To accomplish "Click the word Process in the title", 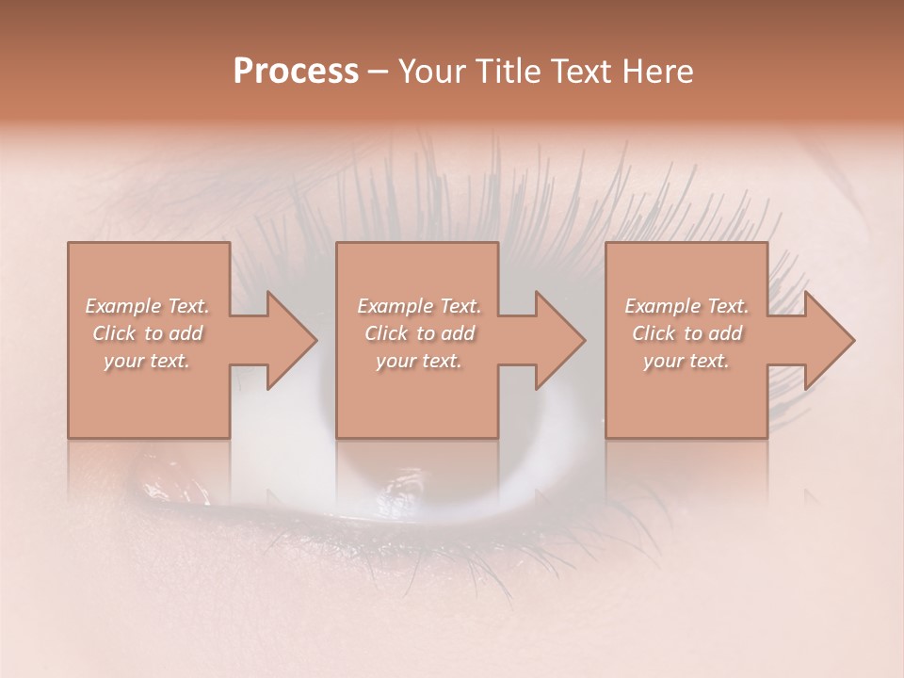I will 296,72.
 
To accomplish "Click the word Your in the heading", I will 434,72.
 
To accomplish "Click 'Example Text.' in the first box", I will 147,306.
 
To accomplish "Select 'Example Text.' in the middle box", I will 419,306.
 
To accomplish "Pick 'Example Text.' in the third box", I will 686,306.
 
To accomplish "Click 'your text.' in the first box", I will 147,361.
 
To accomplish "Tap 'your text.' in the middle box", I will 419,361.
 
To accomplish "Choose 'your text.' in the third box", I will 686,361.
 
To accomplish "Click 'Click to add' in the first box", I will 147,333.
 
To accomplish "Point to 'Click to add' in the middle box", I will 419,333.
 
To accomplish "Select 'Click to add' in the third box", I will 686,333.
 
